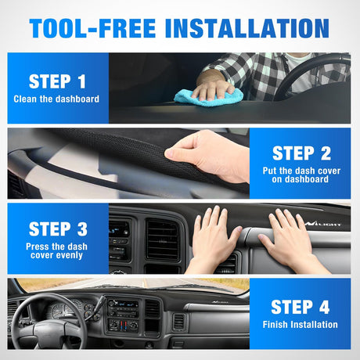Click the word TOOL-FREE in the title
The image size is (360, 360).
(x=92, y=28)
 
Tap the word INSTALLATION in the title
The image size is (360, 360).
(x=247, y=28)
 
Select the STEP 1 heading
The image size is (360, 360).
(x=57, y=81)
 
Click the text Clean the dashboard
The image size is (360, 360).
(x=56, y=99)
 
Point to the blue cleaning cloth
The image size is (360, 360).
(x=209, y=98)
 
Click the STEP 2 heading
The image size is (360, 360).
(x=301, y=153)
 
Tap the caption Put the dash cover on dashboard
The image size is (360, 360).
(x=301, y=175)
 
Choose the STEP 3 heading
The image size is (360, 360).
(x=58, y=229)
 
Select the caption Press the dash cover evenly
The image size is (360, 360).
(x=56, y=250)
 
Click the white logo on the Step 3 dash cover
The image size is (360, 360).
(x=323, y=224)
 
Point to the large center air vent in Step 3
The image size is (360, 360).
(x=163, y=239)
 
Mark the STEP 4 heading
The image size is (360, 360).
(x=301, y=307)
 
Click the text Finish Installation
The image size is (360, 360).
(x=300, y=325)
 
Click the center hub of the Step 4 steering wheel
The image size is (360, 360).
(x=49, y=331)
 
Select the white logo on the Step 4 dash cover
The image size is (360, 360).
(x=220, y=302)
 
